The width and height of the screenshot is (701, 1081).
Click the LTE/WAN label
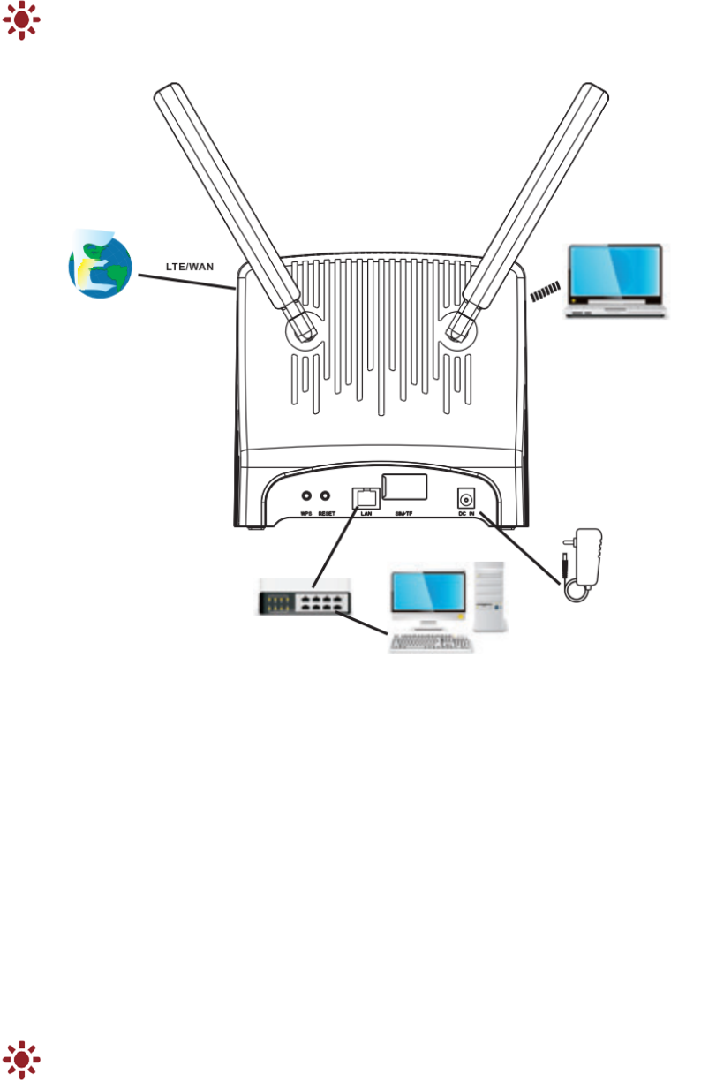[x=190, y=267]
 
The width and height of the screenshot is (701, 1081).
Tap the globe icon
[x=101, y=264]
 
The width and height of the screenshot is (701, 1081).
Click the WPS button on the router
[x=307, y=497]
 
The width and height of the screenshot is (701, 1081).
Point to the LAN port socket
[x=365, y=497]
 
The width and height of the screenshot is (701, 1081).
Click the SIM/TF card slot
[x=404, y=488]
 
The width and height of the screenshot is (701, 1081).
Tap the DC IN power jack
[x=465, y=498]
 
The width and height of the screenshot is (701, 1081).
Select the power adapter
[x=585, y=557]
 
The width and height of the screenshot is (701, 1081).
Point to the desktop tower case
[x=489, y=597]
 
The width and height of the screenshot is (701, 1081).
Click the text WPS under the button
[x=306, y=513]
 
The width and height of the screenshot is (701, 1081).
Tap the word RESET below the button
[x=327, y=513]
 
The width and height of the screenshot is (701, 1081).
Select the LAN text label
[x=366, y=513]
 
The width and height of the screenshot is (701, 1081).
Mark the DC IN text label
[x=465, y=513]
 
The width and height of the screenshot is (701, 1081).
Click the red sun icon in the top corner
[x=21, y=19]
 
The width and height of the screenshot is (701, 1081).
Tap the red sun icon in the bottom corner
[x=21, y=1060]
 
